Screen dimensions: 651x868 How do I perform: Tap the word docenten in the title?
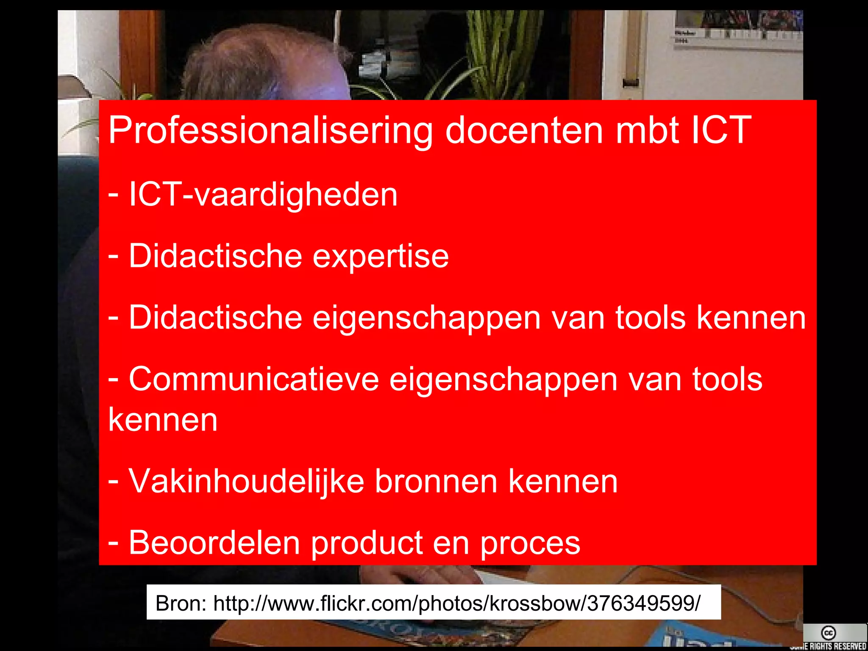tap(524, 131)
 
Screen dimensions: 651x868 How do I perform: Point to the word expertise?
tap(380, 257)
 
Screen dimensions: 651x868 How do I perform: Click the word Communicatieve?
tap(253, 379)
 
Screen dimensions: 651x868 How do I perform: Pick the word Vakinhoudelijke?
tap(246, 481)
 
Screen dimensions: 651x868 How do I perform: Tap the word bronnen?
tap(436, 481)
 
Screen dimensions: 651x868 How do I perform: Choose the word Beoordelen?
tap(214, 543)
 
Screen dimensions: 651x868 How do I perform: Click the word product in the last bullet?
tap(367, 544)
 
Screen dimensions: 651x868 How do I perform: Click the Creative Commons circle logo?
tap(828, 633)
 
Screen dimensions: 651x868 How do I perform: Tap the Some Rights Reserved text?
tap(829, 646)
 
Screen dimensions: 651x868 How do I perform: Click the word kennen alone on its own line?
tap(163, 420)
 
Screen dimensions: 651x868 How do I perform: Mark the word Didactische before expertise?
tap(215, 257)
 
